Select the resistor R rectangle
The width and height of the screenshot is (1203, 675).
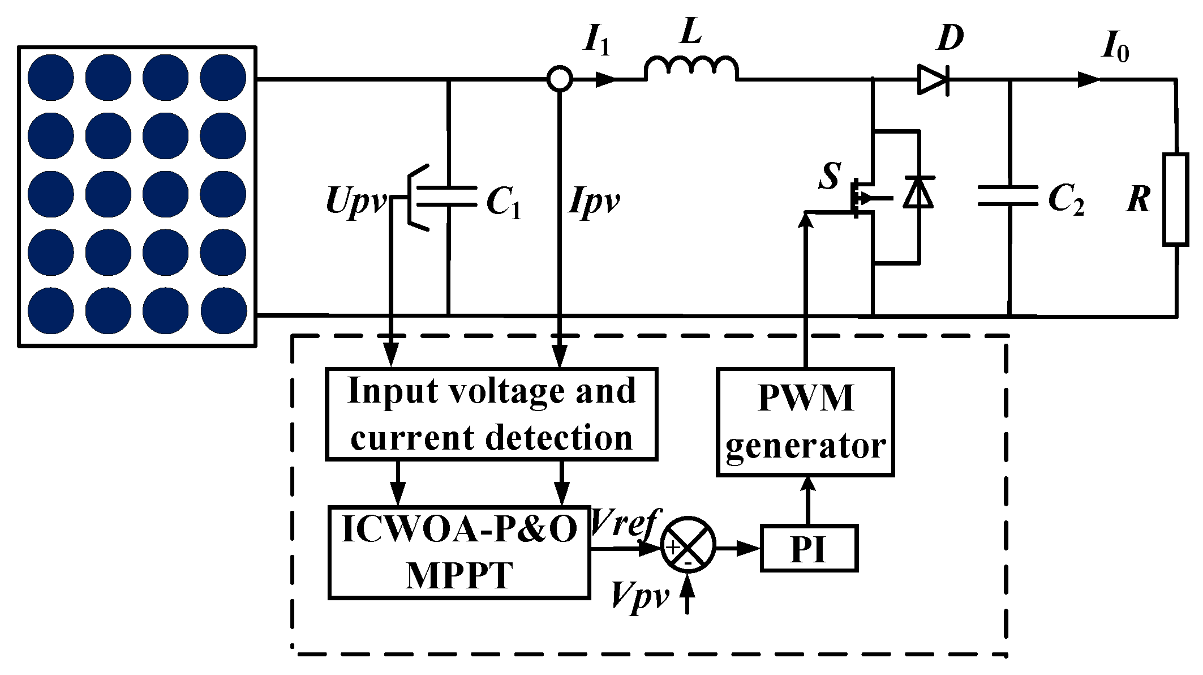[1175, 199]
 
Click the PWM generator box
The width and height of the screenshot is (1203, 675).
[805, 422]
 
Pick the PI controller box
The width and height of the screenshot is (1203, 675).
[809, 548]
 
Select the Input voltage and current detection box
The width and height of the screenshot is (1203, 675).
[491, 414]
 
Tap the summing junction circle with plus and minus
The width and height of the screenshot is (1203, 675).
[688, 545]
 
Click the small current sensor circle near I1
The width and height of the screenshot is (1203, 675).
[560, 79]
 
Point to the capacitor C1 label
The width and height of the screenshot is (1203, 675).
[503, 202]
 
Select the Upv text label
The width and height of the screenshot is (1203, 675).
[355, 201]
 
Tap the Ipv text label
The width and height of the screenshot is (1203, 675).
[594, 201]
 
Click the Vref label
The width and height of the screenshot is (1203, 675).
[624, 522]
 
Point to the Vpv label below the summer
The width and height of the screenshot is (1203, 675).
[639, 596]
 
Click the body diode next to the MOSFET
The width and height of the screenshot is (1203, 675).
[918, 193]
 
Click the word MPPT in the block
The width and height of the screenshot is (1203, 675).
[459, 576]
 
